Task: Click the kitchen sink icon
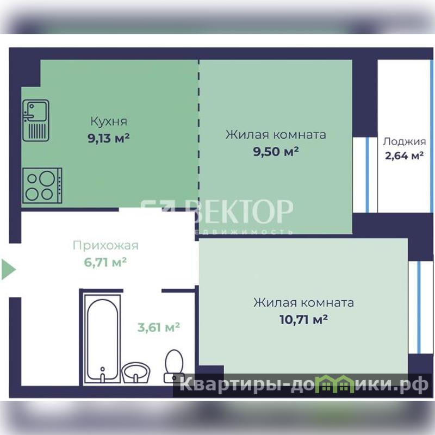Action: [36, 120]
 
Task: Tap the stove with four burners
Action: [42, 185]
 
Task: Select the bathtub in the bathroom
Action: [102, 339]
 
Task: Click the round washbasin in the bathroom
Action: [136, 372]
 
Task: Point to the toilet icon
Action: [174, 366]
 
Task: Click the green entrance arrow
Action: [9, 269]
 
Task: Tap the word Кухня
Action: [109, 121]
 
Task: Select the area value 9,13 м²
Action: [109, 138]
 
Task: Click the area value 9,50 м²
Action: [276, 152]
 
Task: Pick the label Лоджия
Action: [404, 141]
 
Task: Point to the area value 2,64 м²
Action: [404, 156]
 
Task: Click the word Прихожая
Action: [105, 246]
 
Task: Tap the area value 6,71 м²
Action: [105, 262]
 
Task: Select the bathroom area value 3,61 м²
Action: [159, 327]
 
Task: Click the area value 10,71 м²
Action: [304, 320]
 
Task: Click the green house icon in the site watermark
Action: [336, 384]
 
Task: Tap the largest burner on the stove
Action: [47, 178]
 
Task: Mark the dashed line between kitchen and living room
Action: [198, 133]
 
